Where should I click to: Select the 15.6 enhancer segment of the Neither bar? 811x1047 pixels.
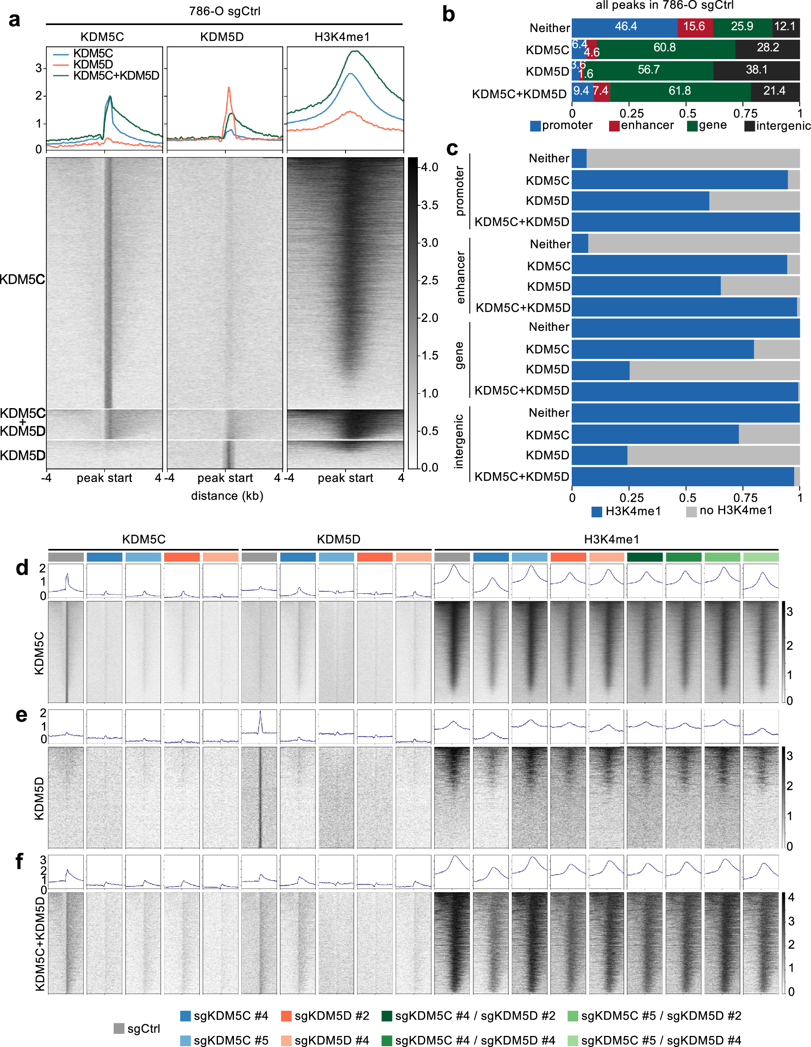694,27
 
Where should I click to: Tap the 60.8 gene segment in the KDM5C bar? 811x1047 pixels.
664,48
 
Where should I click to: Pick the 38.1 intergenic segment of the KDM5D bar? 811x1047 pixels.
756,70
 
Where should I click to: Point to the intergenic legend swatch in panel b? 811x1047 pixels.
749,126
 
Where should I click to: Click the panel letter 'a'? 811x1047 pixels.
14,20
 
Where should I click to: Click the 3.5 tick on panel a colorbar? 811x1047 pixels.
429,205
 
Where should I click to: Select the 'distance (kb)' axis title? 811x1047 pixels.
227,496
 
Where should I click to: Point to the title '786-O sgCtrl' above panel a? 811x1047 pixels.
225,11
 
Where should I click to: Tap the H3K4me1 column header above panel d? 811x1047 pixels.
611,540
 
